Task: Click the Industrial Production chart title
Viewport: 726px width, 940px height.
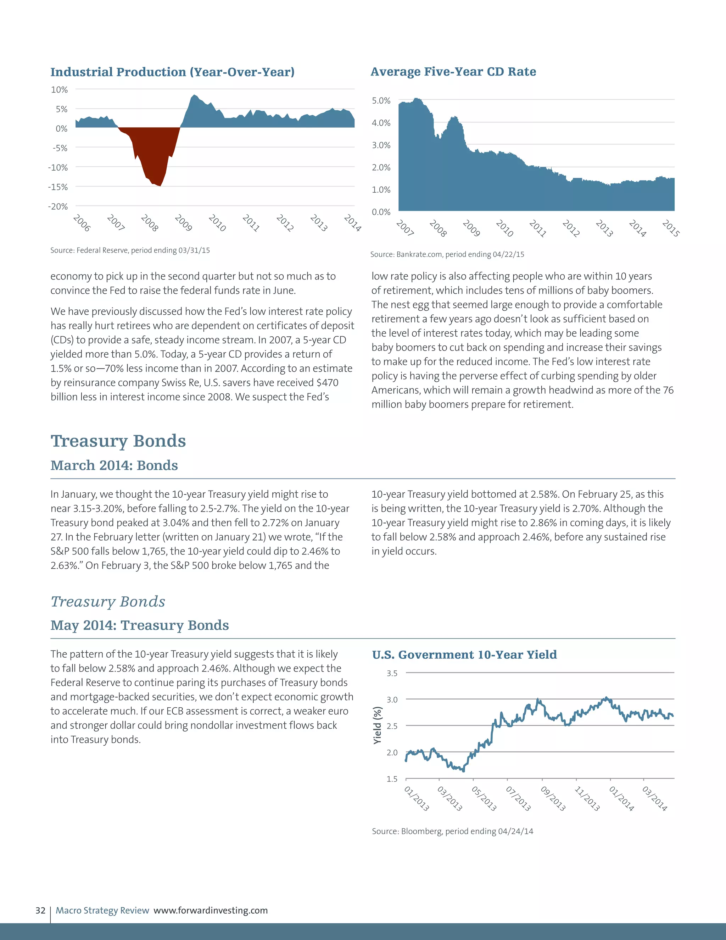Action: tap(173, 72)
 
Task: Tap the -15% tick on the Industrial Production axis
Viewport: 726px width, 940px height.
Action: tap(58, 187)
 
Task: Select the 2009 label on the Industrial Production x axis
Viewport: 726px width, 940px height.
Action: tap(183, 223)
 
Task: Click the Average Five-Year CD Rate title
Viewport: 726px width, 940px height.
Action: tap(453, 71)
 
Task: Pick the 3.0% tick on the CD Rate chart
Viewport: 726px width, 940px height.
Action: tap(381, 145)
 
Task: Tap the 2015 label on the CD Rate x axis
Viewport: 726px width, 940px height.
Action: tap(670, 228)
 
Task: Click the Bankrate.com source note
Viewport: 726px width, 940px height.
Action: tap(447, 254)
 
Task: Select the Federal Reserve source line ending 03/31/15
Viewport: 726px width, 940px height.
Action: tap(130, 250)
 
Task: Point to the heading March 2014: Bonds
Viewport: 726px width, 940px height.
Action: tap(114, 465)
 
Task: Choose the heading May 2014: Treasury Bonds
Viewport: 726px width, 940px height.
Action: tap(139, 625)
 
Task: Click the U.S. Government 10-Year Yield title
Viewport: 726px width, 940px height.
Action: tap(464, 655)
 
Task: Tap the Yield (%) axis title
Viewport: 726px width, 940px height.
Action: tap(377, 725)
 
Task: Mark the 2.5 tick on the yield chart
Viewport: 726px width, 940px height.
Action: tap(392, 726)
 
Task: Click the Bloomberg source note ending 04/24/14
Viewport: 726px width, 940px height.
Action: tap(452, 831)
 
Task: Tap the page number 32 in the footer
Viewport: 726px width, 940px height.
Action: tap(40, 910)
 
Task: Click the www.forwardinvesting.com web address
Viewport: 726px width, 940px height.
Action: tap(211, 910)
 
